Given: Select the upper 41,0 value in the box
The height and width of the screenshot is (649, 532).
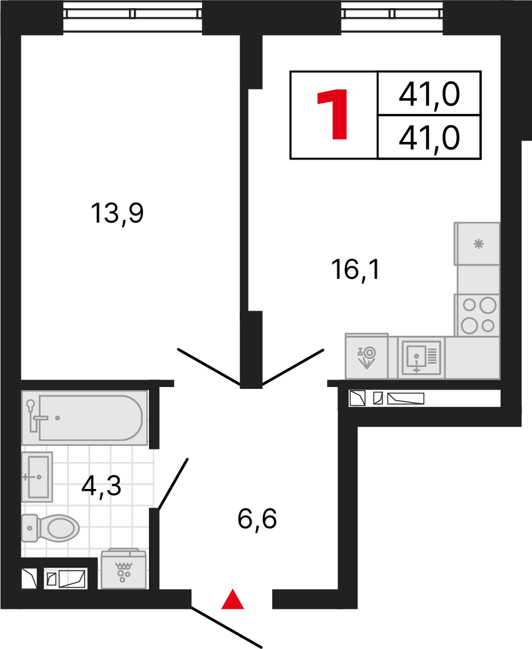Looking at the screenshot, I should pos(429,95).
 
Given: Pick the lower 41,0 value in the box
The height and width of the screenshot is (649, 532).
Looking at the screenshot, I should pos(429,138).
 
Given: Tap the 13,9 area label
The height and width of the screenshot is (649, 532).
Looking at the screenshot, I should pos(118,214).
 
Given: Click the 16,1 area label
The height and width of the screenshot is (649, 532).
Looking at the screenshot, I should pos(356,270).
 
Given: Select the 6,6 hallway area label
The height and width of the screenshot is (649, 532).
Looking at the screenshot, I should pos(257,519).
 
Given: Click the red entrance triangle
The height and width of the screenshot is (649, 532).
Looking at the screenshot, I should pos(233,600).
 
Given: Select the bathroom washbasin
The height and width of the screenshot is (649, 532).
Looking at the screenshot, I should pos(37,476).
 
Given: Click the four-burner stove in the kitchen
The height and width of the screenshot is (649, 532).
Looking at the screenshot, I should pos(478,316).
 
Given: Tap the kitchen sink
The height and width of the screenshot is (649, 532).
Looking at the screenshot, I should pos(421,358).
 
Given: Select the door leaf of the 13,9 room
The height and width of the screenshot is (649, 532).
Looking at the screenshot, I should pos(209,366).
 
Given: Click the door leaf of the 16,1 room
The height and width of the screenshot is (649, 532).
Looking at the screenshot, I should pos(292,367).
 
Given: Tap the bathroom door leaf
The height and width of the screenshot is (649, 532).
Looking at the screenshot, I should pos(173,485).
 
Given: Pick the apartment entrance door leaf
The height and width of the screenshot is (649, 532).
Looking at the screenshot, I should pos(227,627).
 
